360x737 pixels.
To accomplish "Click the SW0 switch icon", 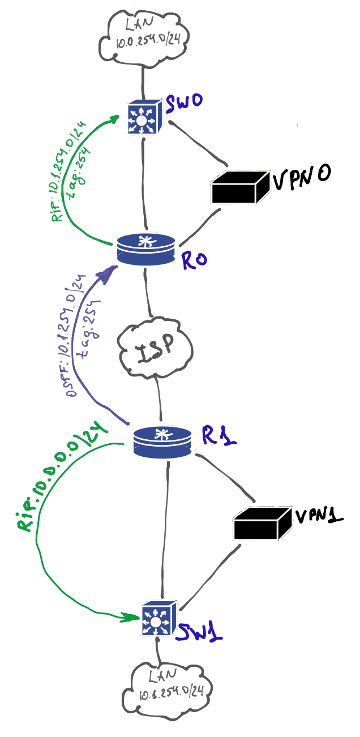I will click(x=144, y=117).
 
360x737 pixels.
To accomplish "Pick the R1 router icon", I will click(x=162, y=441).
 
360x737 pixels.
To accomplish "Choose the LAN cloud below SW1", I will click(x=163, y=686).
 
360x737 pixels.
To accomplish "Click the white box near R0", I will click(x=240, y=187).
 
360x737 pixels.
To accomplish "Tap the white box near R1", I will click(x=263, y=524).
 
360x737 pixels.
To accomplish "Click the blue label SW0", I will click(x=184, y=104).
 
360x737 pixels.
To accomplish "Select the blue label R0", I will click(x=194, y=260).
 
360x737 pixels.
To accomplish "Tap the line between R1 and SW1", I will click(x=166, y=532).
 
